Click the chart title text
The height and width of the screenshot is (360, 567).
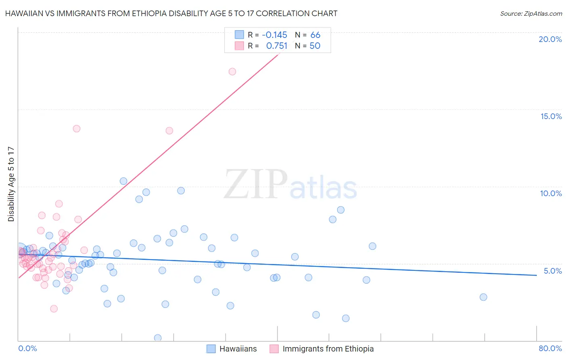[x=171, y=13]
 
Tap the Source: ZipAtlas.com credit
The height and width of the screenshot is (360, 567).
[x=531, y=13]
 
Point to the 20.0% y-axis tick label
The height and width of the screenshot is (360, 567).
[x=550, y=39]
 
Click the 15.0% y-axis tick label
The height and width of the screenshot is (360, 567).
[x=551, y=116]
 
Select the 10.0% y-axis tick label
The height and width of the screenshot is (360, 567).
[x=551, y=193]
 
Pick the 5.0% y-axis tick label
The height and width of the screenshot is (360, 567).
[x=552, y=271]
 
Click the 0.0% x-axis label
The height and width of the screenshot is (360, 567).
[x=27, y=348]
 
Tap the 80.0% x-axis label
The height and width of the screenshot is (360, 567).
[x=550, y=348]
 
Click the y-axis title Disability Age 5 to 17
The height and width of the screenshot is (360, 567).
[x=11, y=184]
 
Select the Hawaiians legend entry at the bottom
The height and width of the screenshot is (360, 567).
[x=238, y=349]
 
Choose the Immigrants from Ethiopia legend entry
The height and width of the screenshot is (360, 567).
[x=328, y=349]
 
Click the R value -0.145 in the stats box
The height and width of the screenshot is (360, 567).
[x=274, y=35]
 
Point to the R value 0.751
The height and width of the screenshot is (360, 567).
[x=277, y=46]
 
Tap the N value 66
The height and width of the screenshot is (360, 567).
[x=315, y=35]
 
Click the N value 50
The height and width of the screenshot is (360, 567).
[x=315, y=46]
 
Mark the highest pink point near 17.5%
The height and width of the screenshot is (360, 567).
[x=232, y=71]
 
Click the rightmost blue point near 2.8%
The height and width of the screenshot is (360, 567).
[x=484, y=297]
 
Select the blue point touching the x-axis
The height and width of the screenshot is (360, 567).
[x=158, y=338]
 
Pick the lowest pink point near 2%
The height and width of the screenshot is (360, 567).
[x=54, y=309]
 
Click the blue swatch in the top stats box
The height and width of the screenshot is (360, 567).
[x=239, y=35]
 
